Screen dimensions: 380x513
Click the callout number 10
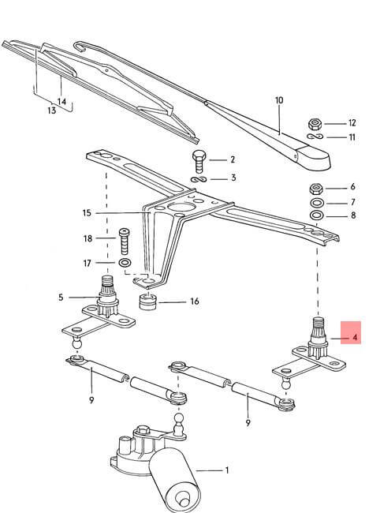[279, 100]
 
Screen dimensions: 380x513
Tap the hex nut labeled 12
[315, 124]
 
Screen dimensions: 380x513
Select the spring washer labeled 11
[315, 136]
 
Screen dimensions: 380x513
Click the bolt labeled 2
[199, 162]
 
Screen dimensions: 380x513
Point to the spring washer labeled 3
[199, 179]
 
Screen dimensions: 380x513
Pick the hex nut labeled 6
[317, 189]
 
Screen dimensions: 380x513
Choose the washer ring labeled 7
[317, 203]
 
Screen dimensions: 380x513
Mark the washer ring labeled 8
[317, 215]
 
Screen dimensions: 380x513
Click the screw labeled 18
[125, 242]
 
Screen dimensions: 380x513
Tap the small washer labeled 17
[125, 262]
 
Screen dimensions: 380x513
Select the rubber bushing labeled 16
[147, 301]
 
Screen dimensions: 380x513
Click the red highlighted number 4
[356, 337]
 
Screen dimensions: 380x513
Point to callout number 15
[87, 213]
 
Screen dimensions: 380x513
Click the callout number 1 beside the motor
[227, 470]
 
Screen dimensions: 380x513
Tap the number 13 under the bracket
[51, 110]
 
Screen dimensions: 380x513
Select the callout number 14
[61, 102]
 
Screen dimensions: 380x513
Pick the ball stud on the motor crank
[179, 425]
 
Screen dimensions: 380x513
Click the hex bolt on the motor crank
[143, 431]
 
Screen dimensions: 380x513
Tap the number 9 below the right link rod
[248, 423]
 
